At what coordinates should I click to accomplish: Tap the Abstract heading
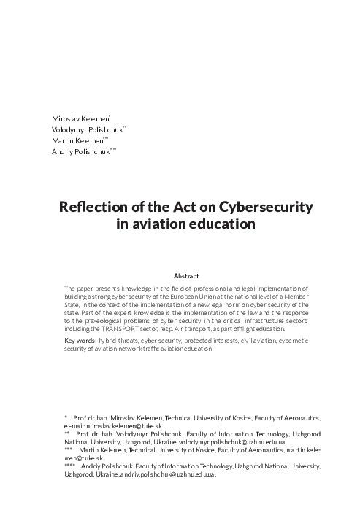[186, 276]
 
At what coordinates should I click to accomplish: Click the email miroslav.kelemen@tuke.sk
[124, 425]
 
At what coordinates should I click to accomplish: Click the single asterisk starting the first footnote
[66, 417]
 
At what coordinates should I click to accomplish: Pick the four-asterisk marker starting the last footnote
[70, 466]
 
